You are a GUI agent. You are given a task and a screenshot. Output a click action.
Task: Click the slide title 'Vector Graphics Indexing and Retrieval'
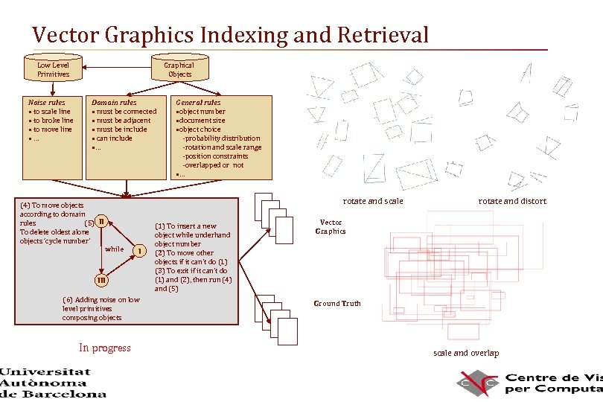click(x=230, y=34)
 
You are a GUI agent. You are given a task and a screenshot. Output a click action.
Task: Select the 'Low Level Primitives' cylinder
click(x=53, y=68)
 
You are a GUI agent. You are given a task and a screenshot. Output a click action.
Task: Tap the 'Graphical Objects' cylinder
click(x=179, y=68)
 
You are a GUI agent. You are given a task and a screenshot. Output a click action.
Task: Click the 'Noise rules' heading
click(x=46, y=102)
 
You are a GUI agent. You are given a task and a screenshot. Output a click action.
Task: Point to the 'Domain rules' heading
click(x=113, y=102)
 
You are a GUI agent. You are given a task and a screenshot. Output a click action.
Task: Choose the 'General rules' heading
click(x=198, y=102)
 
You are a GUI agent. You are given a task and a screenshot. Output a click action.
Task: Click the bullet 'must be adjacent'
click(x=123, y=121)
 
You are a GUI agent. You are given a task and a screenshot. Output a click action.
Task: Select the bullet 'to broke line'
click(x=51, y=121)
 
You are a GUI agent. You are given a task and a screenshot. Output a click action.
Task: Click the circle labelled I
click(x=139, y=251)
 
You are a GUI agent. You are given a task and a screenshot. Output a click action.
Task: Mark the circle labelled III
click(x=100, y=280)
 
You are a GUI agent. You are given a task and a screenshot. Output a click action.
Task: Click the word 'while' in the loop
click(x=115, y=249)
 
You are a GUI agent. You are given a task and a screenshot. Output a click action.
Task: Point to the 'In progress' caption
click(x=105, y=348)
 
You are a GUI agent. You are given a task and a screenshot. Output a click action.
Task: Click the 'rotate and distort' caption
click(x=512, y=201)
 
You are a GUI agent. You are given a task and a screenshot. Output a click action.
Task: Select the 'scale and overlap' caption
click(x=466, y=353)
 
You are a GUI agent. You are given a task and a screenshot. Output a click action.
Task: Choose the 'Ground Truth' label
click(x=337, y=303)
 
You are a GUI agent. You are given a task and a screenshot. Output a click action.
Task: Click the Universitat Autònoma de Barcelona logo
click(x=53, y=382)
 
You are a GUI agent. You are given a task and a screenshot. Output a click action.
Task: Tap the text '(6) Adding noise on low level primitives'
click(x=100, y=304)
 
